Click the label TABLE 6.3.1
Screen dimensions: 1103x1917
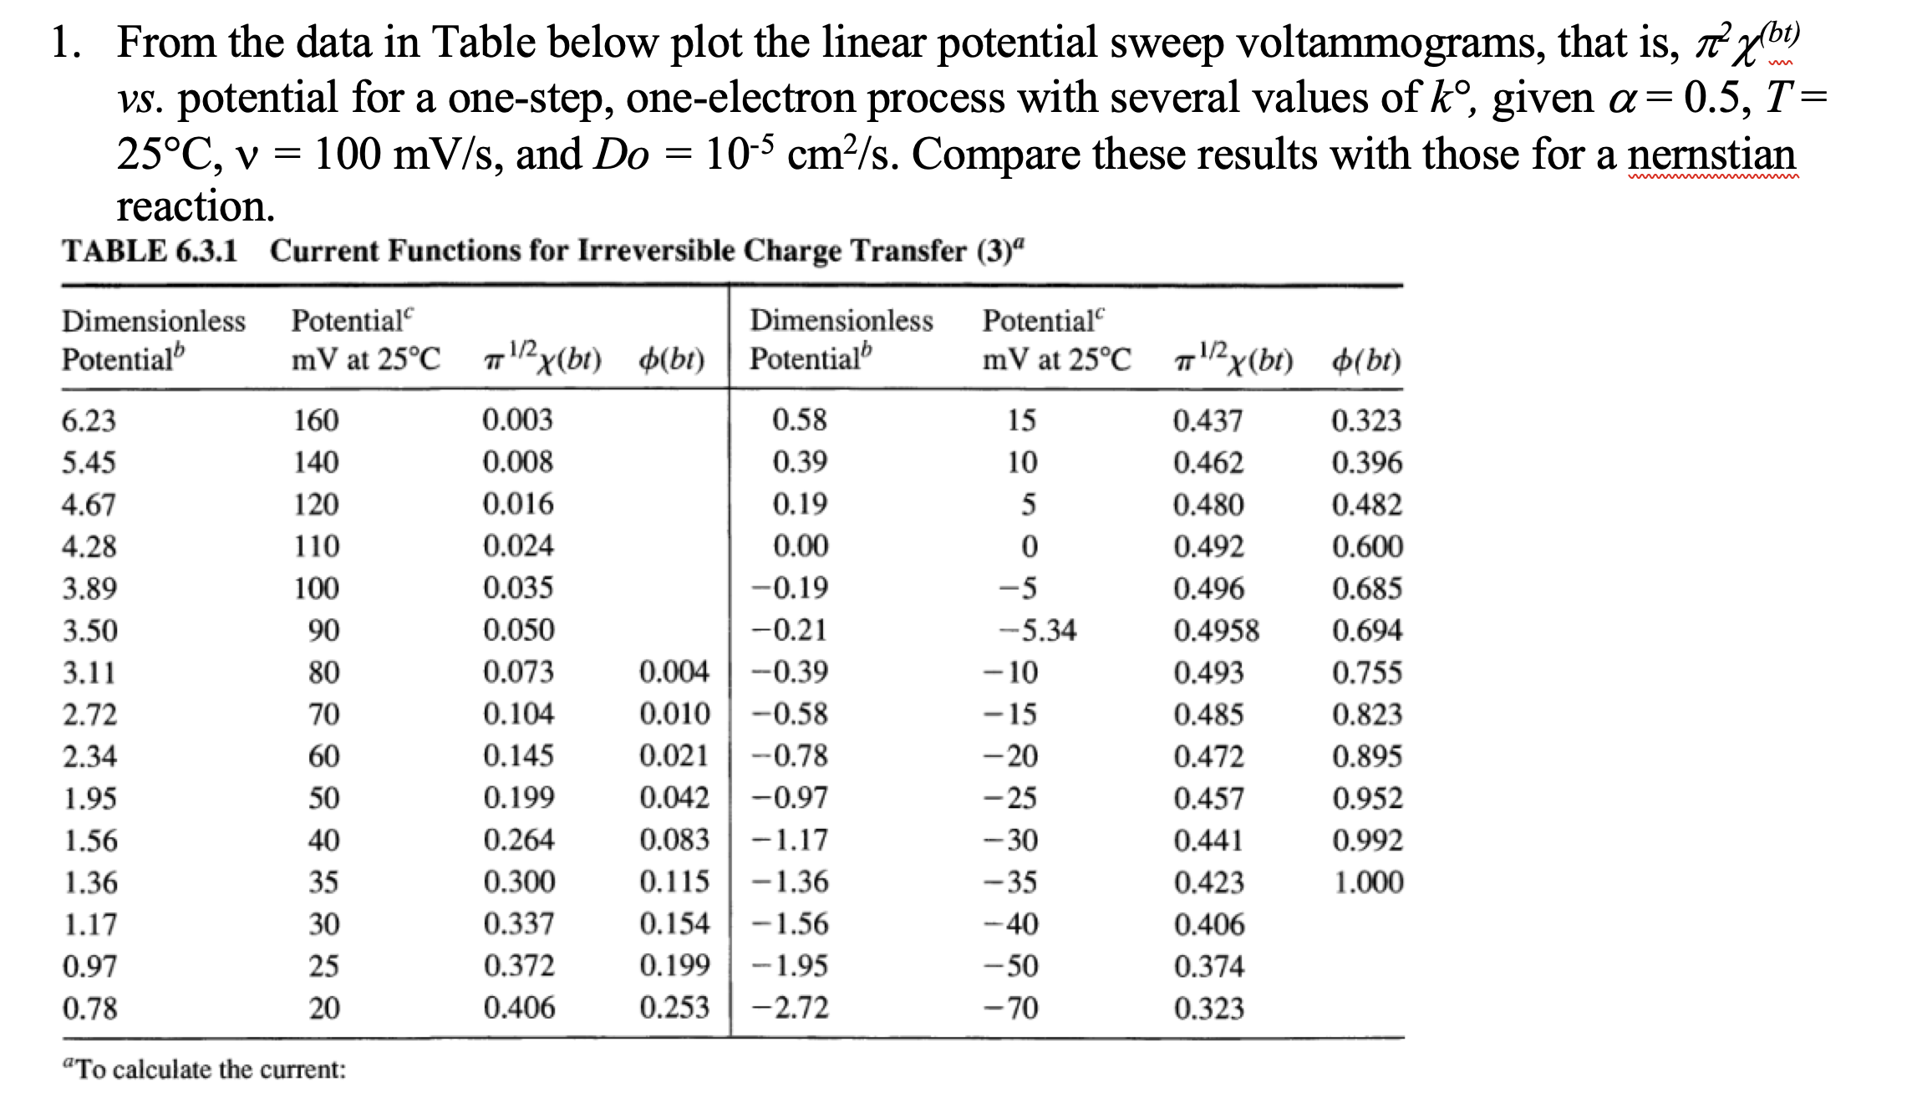tap(150, 251)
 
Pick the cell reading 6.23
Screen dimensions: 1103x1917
tap(89, 420)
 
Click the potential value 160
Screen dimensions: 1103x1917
tap(316, 420)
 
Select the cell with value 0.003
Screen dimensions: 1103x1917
tap(517, 420)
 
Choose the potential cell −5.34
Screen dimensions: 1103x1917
tap(1039, 630)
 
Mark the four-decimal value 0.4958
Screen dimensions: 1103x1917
tap(1216, 630)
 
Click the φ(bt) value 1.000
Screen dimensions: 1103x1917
tap(1368, 882)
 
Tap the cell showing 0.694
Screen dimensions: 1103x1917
tap(1367, 630)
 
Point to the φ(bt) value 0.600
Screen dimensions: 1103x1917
tap(1367, 546)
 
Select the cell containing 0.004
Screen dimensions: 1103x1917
tap(674, 672)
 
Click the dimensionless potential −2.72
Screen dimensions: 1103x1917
tap(791, 1009)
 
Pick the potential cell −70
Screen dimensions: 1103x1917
tap(1011, 1009)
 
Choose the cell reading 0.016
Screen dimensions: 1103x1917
tap(518, 505)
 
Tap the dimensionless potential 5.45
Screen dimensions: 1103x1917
tap(89, 462)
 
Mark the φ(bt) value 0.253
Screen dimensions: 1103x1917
tap(674, 1009)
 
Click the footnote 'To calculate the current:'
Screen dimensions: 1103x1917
tap(205, 1070)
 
